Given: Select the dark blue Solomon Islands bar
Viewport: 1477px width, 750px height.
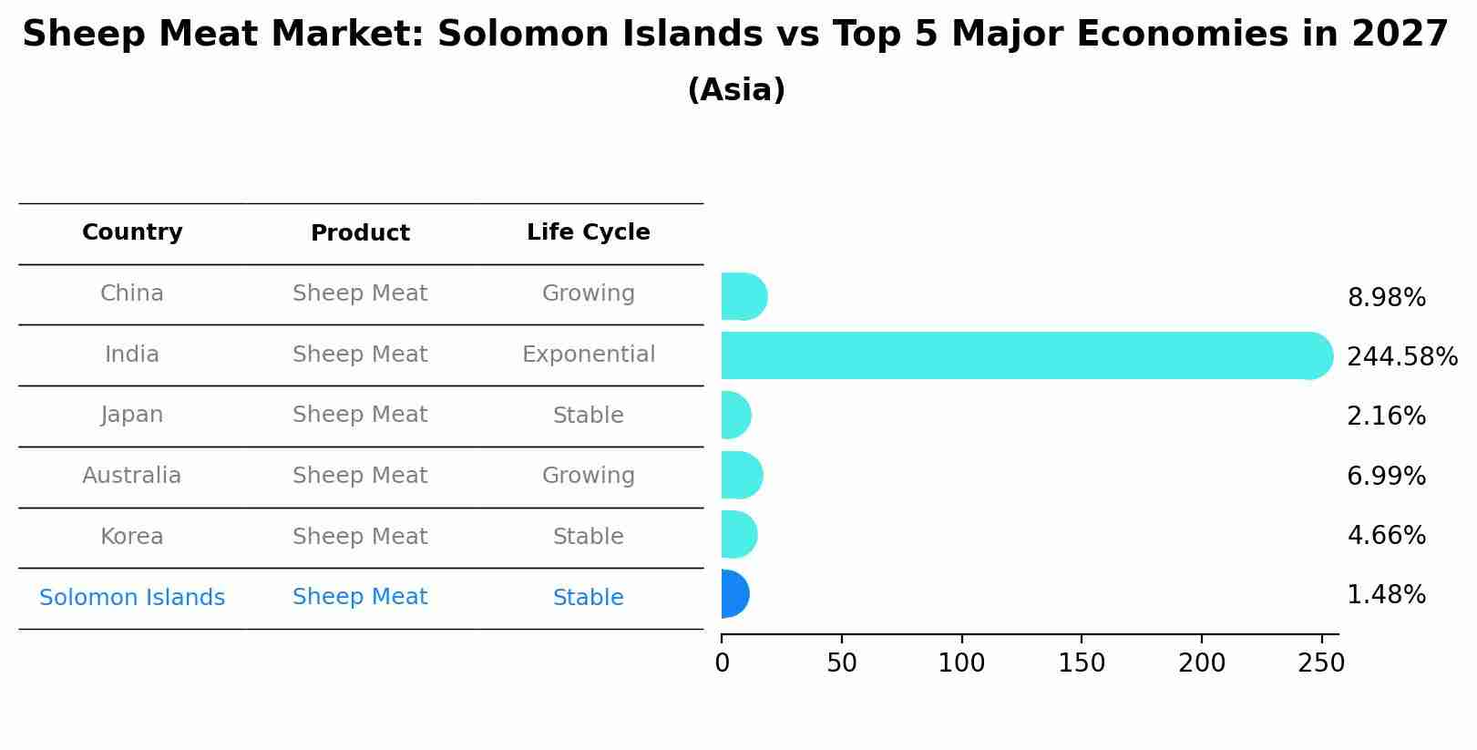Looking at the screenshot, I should point(734,594).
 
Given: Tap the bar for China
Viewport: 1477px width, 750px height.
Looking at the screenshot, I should point(744,297).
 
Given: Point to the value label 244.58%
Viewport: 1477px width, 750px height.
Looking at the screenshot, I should point(1401,356).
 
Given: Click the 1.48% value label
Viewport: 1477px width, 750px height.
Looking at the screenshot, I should point(1386,595).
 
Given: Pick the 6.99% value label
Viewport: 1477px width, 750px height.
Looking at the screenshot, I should point(1386,476).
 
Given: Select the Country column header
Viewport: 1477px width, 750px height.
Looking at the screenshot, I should point(132,232).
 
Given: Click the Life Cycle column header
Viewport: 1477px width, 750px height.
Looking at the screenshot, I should point(588,232).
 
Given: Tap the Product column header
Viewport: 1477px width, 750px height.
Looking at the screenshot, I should point(360,233).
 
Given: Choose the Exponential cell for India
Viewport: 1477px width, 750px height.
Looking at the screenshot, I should point(588,354).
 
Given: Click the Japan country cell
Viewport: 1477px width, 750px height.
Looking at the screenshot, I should point(132,415).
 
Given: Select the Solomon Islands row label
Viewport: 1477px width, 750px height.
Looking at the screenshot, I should point(132,598).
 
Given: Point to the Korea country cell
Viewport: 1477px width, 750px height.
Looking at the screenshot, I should point(132,537).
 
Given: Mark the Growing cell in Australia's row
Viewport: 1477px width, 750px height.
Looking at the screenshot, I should point(588,476).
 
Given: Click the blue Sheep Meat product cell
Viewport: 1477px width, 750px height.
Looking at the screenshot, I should point(360,597).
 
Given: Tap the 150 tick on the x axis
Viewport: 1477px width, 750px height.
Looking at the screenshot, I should point(1082,663).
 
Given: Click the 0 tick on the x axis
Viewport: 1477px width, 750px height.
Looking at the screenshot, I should point(723,663).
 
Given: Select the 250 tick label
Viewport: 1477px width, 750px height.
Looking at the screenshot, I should point(1321,663).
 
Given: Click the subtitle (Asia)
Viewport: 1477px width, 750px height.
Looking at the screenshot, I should point(736,90).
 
